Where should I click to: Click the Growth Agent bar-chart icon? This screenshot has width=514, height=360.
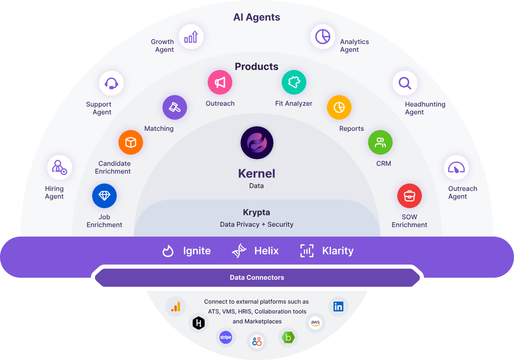pyautogui.click(x=191, y=37)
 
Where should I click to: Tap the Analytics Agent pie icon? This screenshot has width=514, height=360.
pyautogui.click(x=322, y=37)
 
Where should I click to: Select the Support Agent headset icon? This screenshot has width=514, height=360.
pyautogui.click(x=111, y=84)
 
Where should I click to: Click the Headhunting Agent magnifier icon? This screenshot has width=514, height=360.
pyautogui.click(x=405, y=84)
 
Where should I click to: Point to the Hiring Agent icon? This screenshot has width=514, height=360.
pyautogui.click(x=60, y=167)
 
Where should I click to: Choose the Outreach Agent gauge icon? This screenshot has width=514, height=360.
pyautogui.click(x=456, y=167)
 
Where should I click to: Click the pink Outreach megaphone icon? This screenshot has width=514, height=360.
pyautogui.click(x=220, y=82)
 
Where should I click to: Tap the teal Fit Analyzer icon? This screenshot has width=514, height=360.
pyautogui.click(x=294, y=82)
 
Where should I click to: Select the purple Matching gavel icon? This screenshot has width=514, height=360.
pyautogui.click(x=175, y=107)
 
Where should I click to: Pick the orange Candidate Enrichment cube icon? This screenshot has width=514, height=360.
pyautogui.click(x=131, y=142)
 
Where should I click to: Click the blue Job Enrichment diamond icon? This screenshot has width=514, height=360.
pyautogui.click(x=104, y=196)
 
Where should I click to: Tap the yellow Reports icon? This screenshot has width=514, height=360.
pyautogui.click(x=339, y=107)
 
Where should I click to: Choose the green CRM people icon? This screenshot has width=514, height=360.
pyautogui.click(x=380, y=142)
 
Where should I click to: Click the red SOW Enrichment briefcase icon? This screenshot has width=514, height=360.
pyautogui.click(x=409, y=196)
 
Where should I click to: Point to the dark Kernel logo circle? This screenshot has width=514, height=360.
pyautogui.click(x=257, y=143)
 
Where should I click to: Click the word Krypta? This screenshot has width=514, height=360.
pyautogui.click(x=256, y=212)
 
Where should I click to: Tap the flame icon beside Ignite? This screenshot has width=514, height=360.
pyautogui.click(x=168, y=251)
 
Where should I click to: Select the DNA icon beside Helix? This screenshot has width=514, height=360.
pyautogui.click(x=239, y=251)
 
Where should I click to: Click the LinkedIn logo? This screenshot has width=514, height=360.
pyautogui.click(x=338, y=307)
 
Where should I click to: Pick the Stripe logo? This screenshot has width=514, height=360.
pyautogui.click(x=226, y=337)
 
